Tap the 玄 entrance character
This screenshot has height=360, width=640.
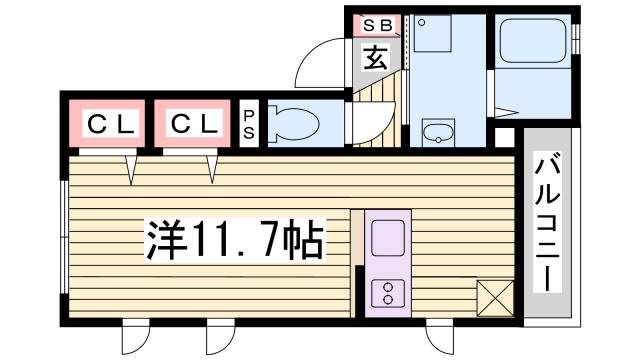[x=374, y=57]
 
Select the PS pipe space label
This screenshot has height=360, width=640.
[x=249, y=124]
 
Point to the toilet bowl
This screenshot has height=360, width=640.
[x=296, y=125]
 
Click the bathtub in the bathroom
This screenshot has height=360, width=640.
[x=533, y=45]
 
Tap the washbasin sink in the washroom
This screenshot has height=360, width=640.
[x=437, y=132]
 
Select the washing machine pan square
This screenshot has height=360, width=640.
[x=434, y=38]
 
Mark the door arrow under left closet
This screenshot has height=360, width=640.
[x=131, y=170]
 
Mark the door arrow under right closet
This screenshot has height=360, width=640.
[x=211, y=170]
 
